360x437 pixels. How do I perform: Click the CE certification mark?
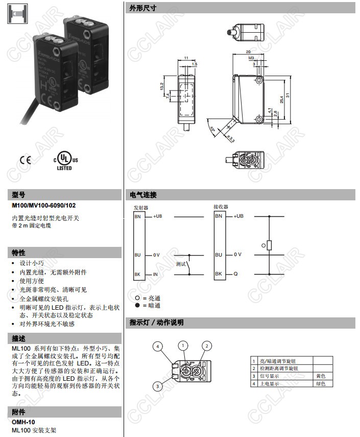tap(25, 160)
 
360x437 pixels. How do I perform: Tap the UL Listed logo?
tap(65, 160)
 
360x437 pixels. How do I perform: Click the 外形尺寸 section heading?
tap(143, 8)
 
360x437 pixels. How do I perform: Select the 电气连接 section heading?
tap(143, 195)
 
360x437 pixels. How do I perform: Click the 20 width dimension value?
tap(248, 52)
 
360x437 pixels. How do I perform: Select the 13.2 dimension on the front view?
tap(162, 87)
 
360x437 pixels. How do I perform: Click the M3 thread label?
tap(251, 59)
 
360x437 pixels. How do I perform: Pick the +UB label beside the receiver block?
tap(238, 217)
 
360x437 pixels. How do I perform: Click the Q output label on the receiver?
tap(235, 274)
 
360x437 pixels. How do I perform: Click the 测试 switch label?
tap(181, 264)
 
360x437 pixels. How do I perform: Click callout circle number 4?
tap(158, 347)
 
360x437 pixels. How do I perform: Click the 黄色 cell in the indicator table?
tap(320, 376)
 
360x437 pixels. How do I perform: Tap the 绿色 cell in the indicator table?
tap(320, 383)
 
